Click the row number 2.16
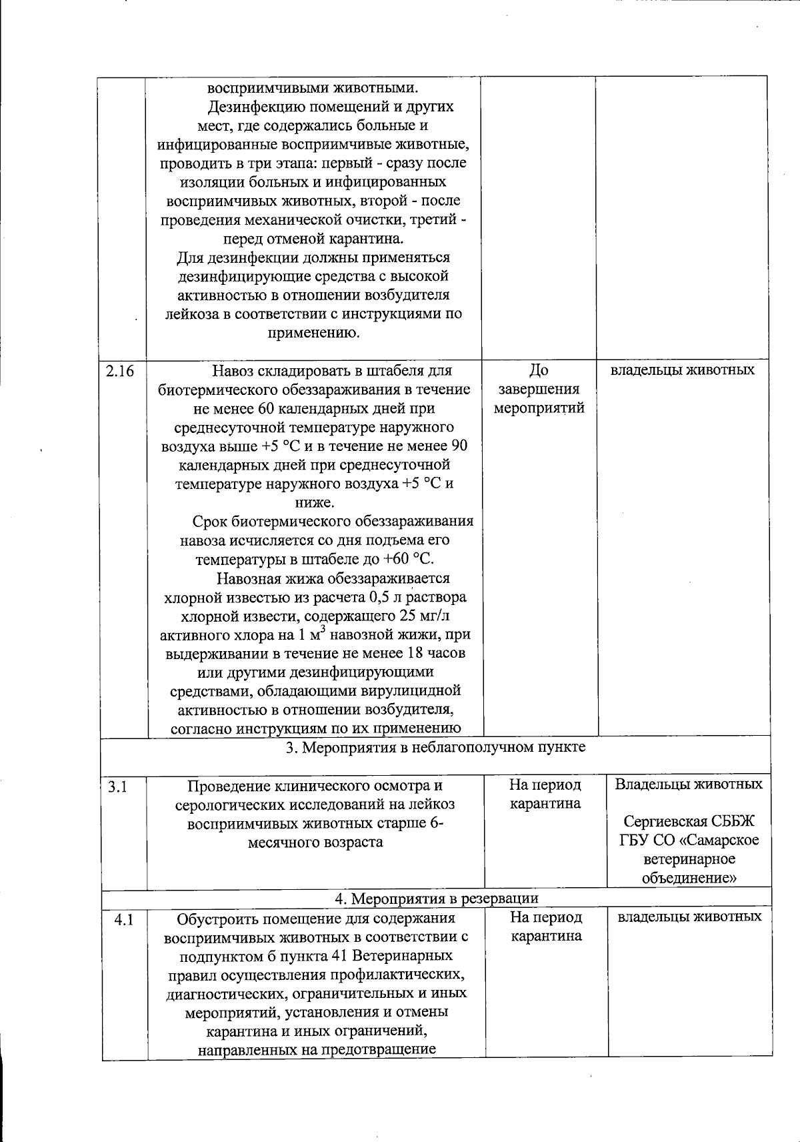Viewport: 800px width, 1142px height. click(x=119, y=372)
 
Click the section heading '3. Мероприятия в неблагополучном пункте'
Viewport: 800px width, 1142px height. click(x=436, y=747)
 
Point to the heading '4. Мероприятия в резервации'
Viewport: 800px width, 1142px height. click(x=436, y=899)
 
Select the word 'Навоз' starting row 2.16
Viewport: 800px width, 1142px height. click(x=233, y=371)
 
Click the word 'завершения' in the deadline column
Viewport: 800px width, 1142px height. click(x=539, y=389)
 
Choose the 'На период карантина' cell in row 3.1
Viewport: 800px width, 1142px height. click(x=545, y=794)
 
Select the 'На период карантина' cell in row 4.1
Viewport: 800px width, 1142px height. click(x=546, y=927)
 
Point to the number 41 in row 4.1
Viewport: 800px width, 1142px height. click(x=338, y=956)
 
